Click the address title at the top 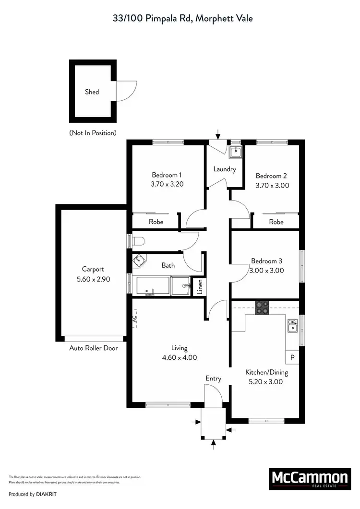[180, 19]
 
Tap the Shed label [92, 92]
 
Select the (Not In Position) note [93, 132]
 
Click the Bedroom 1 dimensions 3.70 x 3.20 [167, 184]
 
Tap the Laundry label [225, 169]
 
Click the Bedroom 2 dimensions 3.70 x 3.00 [272, 185]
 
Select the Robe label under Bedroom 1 [156, 222]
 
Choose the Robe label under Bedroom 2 [276, 222]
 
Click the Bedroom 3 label [266, 261]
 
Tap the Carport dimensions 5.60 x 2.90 [93, 278]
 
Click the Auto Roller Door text [93, 348]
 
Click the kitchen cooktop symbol [262, 307]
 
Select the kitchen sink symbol [292, 327]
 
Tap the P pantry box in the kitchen [292, 357]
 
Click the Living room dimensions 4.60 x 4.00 [180, 357]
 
